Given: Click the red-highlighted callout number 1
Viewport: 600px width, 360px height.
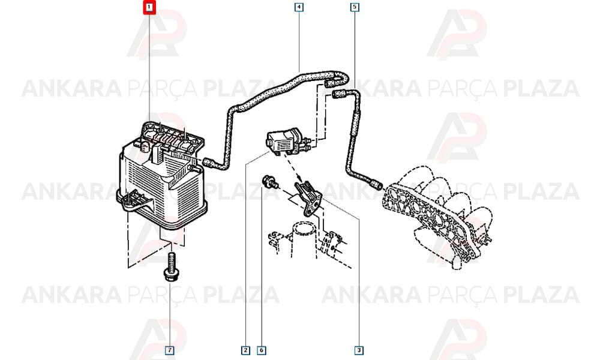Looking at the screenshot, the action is pos(149,7).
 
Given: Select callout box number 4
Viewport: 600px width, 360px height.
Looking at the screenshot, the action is pos(299,7).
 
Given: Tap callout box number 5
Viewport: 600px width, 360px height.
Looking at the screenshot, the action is pos(355,7).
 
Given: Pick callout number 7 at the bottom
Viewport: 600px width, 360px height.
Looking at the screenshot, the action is pos(170,350).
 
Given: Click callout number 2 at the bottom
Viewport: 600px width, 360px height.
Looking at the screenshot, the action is pos(245,350).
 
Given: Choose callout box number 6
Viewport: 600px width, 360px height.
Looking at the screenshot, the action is pos(262,350).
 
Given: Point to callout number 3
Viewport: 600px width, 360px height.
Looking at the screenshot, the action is pos(359,350).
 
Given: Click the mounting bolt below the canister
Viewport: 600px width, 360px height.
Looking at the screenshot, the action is pos(170,266).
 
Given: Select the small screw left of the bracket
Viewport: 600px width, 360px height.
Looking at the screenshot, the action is pos(269,182).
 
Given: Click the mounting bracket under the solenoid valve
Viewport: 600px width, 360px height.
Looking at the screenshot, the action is pos(309,198).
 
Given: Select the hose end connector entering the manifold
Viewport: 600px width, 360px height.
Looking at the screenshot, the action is pos(377,185).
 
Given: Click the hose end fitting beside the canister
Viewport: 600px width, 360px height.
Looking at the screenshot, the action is pos(209,163).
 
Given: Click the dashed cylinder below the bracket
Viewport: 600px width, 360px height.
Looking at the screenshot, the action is pos(304,239).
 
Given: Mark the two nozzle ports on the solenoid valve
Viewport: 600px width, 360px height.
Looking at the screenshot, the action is pos(308,146).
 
